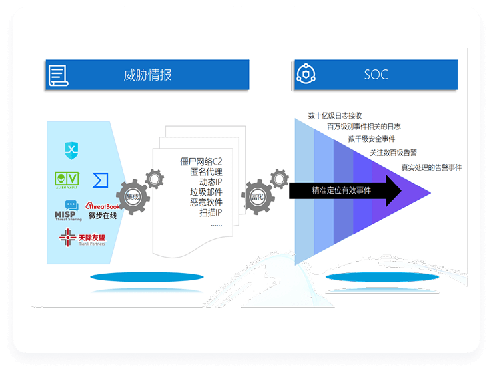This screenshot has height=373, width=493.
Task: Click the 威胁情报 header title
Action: [x=147, y=75]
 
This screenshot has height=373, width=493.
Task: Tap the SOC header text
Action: [x=376, y=75]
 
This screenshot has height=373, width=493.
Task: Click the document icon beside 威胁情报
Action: [x=58, y=75]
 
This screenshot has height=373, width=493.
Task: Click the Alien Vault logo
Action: [x=67, y=181]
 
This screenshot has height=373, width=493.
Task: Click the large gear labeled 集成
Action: [x=132, y=196]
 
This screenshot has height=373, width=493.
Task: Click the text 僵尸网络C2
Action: [x=201, y=161]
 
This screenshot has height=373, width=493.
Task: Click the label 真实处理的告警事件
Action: [x=431, y=167]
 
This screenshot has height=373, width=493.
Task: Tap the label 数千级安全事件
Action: [x=372, y=139]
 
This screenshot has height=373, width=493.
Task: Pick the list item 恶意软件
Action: [x=206, y=202]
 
